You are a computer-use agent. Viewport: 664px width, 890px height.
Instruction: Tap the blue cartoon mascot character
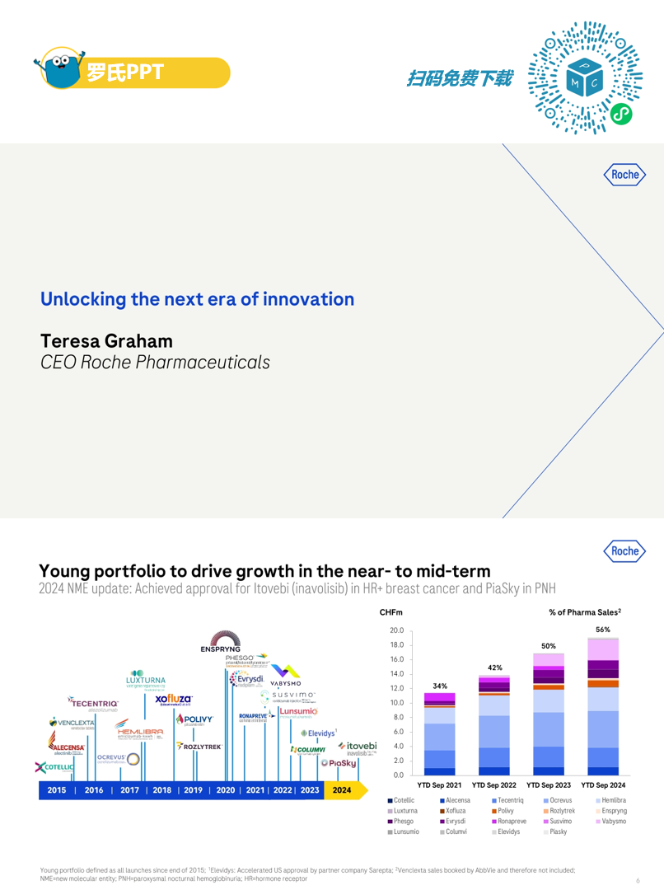coord(62,69)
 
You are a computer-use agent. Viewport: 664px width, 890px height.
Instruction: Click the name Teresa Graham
coord(106,340)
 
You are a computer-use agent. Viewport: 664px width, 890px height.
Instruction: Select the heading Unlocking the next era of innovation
coord(197,299)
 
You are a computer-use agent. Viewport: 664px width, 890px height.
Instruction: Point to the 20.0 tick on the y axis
coord(397,630)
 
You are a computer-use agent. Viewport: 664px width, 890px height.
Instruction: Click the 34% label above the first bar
coord(440,686)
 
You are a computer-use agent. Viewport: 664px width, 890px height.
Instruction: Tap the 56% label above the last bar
coord(602,630)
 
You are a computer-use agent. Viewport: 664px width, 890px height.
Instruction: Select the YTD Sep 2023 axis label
coord(549,785)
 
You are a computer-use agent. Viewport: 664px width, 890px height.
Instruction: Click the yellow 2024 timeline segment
coord(342,790)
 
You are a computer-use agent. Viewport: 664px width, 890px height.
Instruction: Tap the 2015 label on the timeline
coord(57,790)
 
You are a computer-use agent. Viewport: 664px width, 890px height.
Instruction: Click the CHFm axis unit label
coord(390,613)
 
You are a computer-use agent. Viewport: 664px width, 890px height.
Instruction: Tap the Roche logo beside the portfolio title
coord(624,550)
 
